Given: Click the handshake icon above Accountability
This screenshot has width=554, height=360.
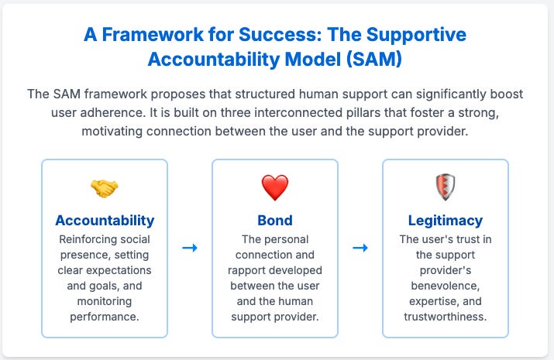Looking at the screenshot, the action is [x=105, y=188].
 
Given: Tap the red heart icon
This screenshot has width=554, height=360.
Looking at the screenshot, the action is [x=274, y=188].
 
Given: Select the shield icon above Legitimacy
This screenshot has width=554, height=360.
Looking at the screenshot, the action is [x=445, y=188].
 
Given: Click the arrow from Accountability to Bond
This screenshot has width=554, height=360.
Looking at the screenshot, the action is [x=190, y=248].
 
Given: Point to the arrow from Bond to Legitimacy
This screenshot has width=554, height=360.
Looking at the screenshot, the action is [x=360, y=248].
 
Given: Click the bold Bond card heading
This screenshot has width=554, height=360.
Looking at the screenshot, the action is [x=274, y=221].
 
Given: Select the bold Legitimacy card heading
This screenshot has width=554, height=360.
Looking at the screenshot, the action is [x=445, y=221].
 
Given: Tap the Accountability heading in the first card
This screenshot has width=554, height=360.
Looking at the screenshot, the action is [x=105, y=221].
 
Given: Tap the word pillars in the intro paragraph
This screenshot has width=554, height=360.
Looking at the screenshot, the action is [x=444, y=114].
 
